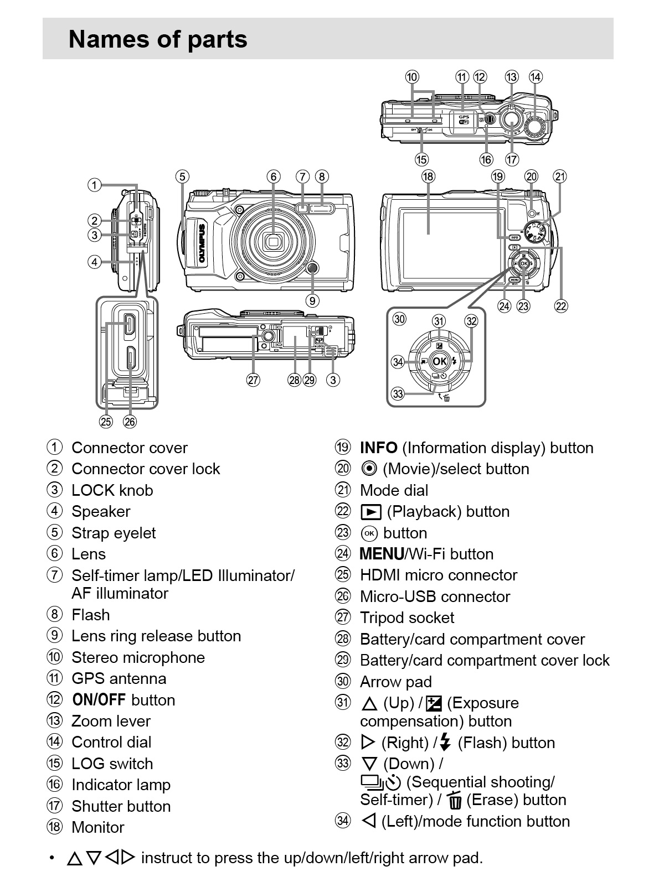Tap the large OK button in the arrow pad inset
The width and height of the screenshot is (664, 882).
pyautogui.click(x=439, y=361)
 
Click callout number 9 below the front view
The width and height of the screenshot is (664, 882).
pyautogui.click(x=312, y=300)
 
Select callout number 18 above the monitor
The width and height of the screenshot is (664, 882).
pyautogui.click(x=428, y=177)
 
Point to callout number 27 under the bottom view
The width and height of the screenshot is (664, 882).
pyautogui.click(x=253, y=380)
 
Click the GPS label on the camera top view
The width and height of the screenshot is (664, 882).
pyautogui.click(x=464, y=116)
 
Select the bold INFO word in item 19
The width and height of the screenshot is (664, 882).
pyautogui.click(x=379, y=448)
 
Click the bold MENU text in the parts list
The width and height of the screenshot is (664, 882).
pyautogui.click(x=382, y=554)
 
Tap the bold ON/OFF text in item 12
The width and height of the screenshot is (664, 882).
pyautogui.click(x=99, y=700)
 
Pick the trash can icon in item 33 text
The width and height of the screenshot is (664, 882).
pyautogui.click(x=455, y=801)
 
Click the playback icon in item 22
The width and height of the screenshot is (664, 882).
pyautogui.click(x=371, y=512)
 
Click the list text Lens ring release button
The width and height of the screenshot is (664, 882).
pyautogui.click(x=156, y=636)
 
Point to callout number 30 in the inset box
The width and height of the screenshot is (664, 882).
pyautogui.click(x=399, y=319)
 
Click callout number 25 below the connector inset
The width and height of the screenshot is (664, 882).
pyautogui.click(x=106, y=422)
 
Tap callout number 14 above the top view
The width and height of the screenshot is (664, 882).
pyautogui.click(x=536, y=77)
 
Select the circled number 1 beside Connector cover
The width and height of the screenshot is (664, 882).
pyautogui.click(x=54, y=447)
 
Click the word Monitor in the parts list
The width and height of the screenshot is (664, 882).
pyautogui.click(x=98, y=827)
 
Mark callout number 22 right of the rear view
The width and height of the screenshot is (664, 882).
pyautogui.click(x=561, y=306)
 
